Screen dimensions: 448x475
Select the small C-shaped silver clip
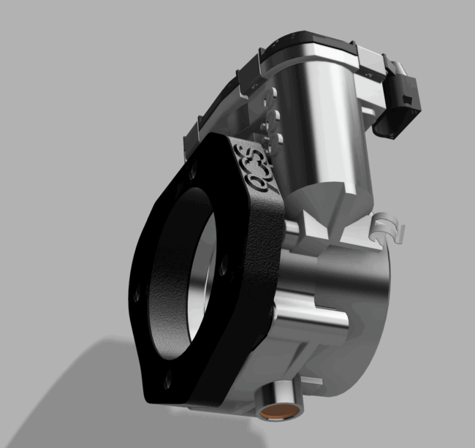tap(387, 226)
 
